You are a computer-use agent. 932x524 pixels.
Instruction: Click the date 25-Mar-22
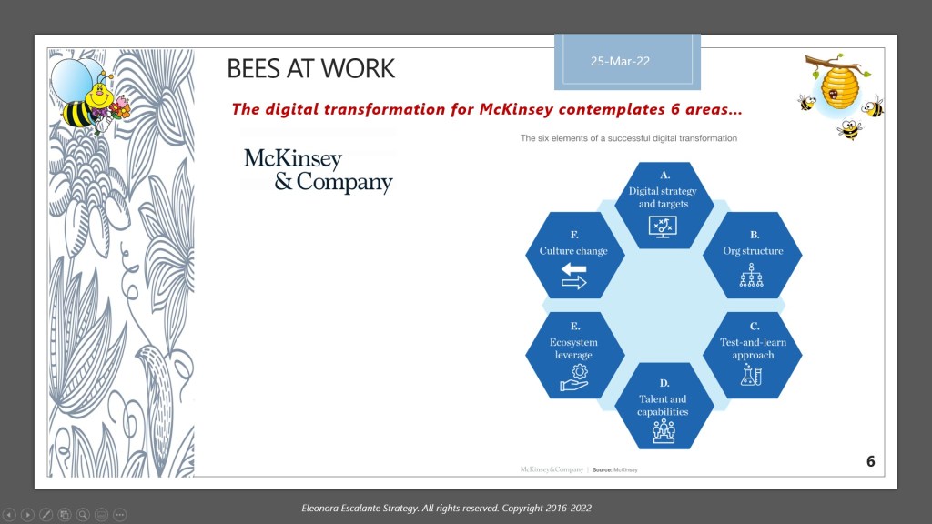620,61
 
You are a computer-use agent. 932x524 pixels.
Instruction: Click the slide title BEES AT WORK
311,68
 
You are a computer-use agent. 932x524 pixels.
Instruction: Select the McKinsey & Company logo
318,170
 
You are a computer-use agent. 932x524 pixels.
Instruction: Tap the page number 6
870,461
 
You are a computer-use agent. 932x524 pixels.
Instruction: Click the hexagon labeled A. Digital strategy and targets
664,205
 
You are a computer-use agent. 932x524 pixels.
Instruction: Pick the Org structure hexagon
753,255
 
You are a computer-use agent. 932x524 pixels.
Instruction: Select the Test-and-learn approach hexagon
753,355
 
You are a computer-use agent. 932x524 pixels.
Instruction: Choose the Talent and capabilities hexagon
664,406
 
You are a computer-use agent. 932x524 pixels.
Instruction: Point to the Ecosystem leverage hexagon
575,355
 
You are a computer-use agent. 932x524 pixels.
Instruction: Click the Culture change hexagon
575,255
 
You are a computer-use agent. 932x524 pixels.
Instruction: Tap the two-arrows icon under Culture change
574,277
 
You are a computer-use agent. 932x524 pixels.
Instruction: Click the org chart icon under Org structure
751,276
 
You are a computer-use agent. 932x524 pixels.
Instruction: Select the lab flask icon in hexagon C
751,374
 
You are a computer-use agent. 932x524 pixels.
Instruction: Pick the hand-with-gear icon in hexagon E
574,378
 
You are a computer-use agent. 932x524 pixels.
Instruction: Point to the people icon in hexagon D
664,430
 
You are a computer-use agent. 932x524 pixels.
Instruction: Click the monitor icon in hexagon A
663,227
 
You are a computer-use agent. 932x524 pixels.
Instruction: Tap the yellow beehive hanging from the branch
839,87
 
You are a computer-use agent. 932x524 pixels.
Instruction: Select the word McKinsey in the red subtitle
516,109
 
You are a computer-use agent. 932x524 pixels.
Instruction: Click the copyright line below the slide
446,508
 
